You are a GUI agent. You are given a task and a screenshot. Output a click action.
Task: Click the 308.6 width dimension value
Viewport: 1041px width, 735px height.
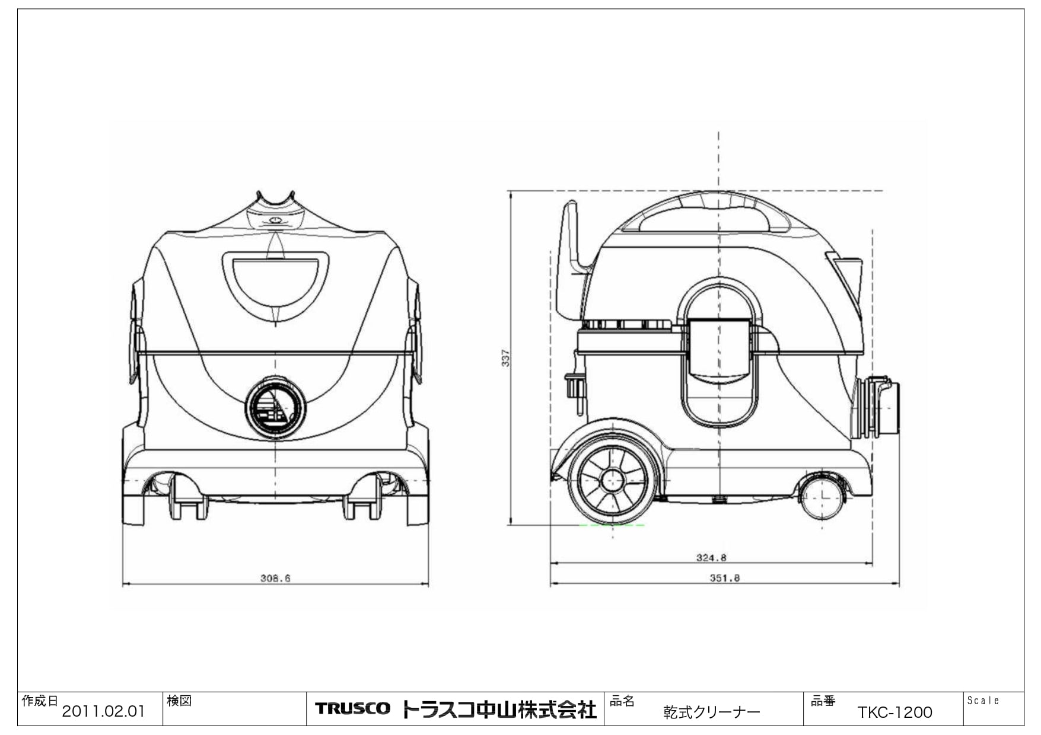(275, 578)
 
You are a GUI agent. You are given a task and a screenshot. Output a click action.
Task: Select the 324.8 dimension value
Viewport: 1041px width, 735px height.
(711, 558)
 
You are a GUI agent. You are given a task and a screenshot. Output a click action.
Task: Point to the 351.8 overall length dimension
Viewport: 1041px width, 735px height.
(724, 578)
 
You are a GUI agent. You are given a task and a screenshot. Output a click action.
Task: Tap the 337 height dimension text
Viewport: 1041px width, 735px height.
(506, 358)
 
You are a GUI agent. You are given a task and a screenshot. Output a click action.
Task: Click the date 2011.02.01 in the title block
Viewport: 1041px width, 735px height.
(103, 711)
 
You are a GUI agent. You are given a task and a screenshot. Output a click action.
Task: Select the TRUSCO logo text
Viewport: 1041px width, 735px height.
(352, 709)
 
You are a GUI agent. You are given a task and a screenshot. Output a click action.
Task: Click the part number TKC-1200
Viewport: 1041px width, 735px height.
(894, 712)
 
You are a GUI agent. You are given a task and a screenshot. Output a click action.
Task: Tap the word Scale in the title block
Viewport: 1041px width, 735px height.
(983, 701)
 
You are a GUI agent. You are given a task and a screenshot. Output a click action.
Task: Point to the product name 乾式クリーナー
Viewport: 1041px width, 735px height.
(711, 712)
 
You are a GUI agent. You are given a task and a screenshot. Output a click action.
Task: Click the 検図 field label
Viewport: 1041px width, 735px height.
(179, 701)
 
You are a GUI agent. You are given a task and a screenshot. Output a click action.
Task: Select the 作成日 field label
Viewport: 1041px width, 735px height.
(40, 701)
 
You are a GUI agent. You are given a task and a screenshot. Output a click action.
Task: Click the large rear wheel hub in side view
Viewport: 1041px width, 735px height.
(612, 481)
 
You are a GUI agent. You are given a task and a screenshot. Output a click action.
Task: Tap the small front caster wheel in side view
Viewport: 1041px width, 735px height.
(823, 496)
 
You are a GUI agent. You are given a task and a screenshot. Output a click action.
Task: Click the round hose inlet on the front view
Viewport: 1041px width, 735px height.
(275, 408)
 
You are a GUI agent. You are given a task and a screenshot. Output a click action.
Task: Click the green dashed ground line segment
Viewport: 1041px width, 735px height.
(611, 525)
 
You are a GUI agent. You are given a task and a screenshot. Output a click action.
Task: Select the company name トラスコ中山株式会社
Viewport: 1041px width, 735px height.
(499, 710)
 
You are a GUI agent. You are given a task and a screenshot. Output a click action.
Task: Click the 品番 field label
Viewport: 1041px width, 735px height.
(823, 701)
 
